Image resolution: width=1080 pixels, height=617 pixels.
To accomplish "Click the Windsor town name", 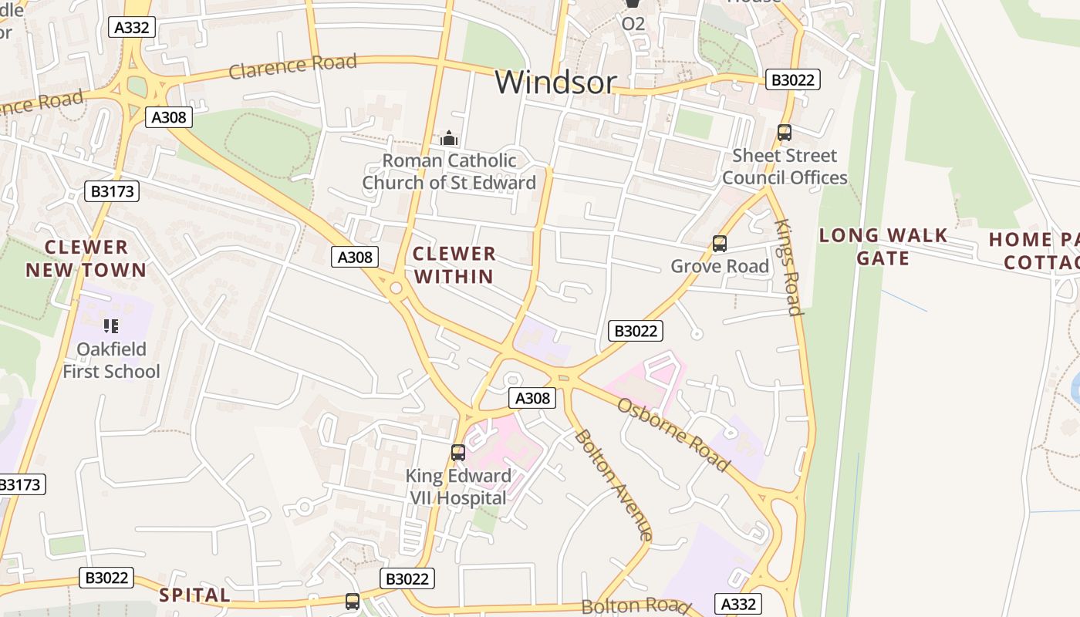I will [x=555, y=82].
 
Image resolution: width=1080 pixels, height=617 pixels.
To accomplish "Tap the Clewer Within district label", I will [x=454, y=265].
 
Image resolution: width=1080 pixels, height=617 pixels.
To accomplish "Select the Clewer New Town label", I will [x=86, y=258].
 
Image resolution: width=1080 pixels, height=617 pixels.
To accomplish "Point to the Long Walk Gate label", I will [x=883, y=247].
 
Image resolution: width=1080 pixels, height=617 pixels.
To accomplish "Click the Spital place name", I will [x=194, y=595].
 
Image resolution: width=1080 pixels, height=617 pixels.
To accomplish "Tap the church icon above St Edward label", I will [x=449, y=138].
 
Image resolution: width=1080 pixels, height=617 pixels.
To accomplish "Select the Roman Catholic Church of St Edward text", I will [x=449, y=172].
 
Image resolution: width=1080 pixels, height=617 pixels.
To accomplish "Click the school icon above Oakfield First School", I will [x=111, y=326].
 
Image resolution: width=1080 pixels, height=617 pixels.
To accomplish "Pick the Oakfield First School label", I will [x=111, y=360].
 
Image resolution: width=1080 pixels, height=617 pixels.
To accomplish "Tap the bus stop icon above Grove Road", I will [x=720, y=244].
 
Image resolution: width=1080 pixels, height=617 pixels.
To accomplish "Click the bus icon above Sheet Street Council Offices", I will [x=785, y=133].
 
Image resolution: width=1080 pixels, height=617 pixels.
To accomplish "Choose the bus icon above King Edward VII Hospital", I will [x=458, y=453].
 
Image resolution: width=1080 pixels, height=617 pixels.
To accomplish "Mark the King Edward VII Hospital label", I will [x=458, y=487].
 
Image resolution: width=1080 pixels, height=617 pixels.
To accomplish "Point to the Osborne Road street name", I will [x=673, y=435].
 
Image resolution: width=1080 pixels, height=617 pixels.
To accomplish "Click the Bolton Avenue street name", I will [x=614, y=484].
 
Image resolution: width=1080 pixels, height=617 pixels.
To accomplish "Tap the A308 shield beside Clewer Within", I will [x=355, y=257].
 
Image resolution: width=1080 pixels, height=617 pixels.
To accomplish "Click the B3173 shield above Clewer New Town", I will [x=112, y=191].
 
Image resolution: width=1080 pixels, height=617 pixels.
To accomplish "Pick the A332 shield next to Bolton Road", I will [x=738, y=603].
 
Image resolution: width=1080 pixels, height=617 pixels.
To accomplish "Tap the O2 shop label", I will [x=633, y=24].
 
